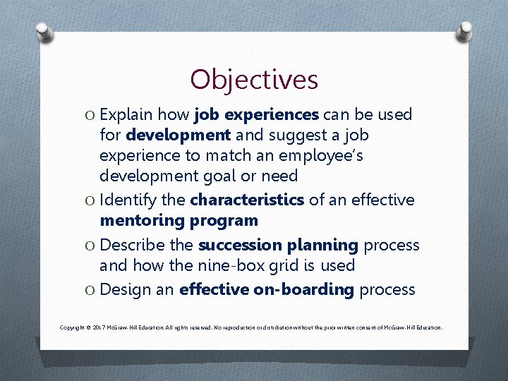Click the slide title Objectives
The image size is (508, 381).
click(254, 79)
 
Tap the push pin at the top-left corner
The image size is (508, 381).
click(44, 32)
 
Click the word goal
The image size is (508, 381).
click(230, 175)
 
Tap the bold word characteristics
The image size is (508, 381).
click(247, 200)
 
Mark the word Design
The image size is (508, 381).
click(122, 290)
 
